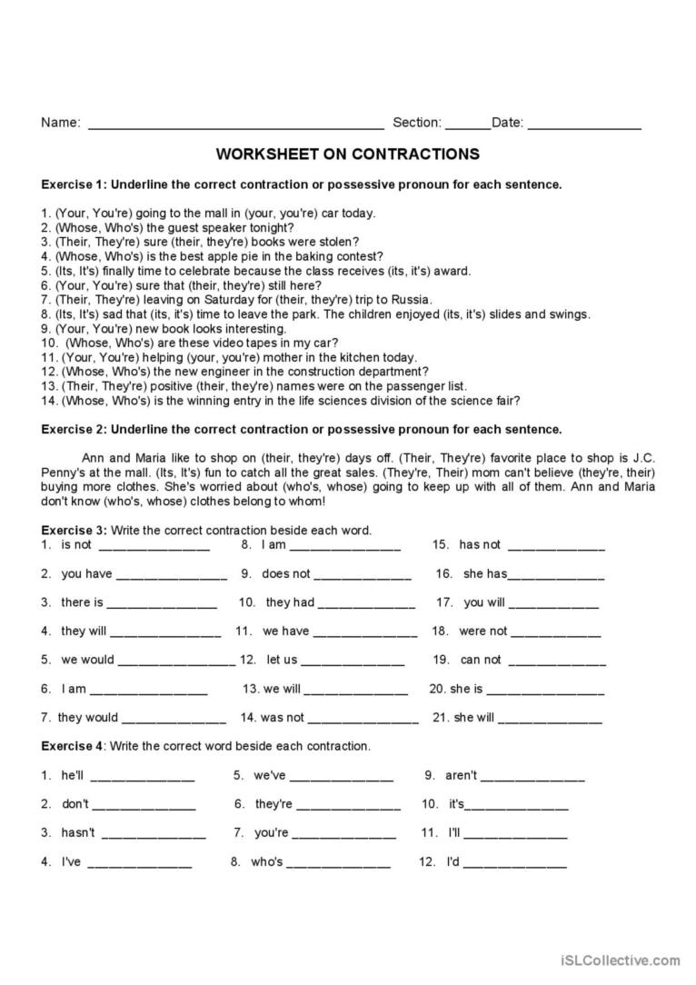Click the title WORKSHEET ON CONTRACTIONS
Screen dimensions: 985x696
[x=348, y=154]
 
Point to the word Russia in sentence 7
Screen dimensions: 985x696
[x=412, y=300]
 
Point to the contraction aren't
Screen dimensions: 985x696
[x=461, y=776]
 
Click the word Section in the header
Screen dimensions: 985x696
[x=416, y=124]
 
